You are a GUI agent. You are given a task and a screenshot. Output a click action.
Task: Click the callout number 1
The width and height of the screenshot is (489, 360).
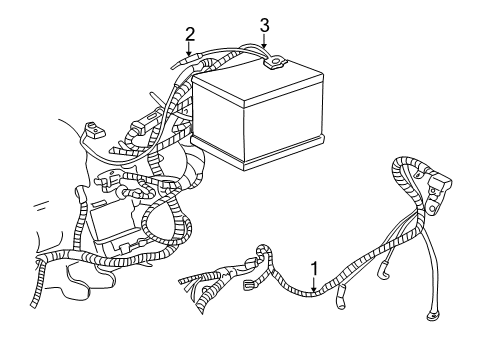click(x=316, y=268)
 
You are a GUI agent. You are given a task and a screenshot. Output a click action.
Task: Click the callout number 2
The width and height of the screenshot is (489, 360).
click(x=188, y=35)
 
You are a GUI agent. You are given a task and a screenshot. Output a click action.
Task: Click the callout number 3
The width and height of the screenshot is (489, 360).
click(x=264, y=25)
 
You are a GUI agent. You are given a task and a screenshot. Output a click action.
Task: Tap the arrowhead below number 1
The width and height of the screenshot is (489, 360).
click(x=316, y=290)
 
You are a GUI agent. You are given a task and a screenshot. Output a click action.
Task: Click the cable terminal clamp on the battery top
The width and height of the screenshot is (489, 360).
click(x=273, y=67)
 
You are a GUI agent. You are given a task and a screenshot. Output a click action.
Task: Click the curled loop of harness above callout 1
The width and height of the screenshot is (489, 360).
click(x=262, y=254)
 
